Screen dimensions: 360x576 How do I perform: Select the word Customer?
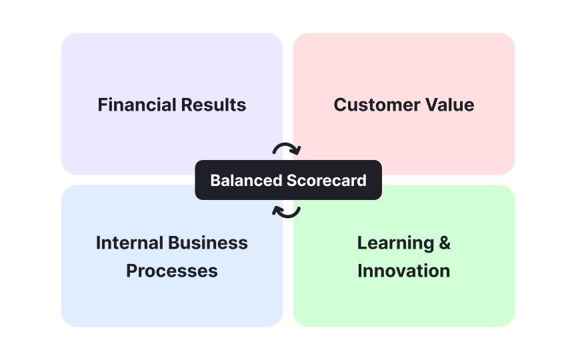373,105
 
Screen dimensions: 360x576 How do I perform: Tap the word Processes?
172,271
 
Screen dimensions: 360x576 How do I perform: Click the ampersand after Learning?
444,243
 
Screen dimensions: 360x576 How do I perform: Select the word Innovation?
404,271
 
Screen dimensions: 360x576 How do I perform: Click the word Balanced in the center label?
246,180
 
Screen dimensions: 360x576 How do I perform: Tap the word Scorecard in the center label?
327,180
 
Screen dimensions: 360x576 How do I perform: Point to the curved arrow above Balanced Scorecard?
287,149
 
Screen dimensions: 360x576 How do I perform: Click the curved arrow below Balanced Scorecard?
287,211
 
